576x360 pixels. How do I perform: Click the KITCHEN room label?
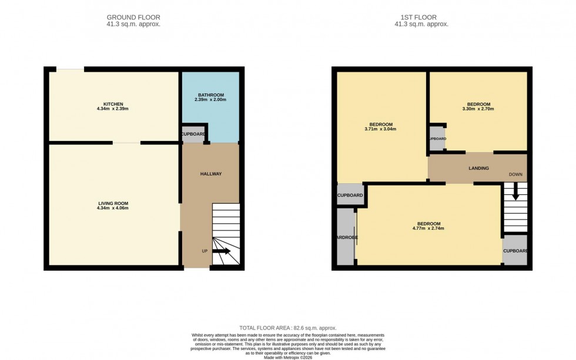click(113, 104)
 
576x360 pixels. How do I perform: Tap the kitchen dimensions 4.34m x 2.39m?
click(113, 109)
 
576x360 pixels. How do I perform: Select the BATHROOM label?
click(210, 95)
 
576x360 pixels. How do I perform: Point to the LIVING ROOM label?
click(113, 203)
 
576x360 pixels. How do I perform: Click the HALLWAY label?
click(210, 174)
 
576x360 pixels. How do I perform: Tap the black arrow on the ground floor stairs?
click(222, 251)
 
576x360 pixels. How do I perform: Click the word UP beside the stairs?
click(205, 251)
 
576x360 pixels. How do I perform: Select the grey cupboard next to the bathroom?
click(193, 134)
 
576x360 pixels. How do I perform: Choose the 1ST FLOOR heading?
click(421, 18)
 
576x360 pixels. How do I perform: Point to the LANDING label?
click(478, 169)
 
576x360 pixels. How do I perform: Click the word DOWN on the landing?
click(515, 175)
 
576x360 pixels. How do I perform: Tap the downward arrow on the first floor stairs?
click(515, 191)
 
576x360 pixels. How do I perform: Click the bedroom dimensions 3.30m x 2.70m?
click(478, 109)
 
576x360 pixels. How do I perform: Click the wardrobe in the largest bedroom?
click(346, 237)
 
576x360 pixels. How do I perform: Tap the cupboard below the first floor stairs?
click(515, 251)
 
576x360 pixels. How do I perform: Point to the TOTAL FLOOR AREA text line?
click(288, 328)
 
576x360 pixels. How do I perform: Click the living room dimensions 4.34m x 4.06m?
click(113, 208)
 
